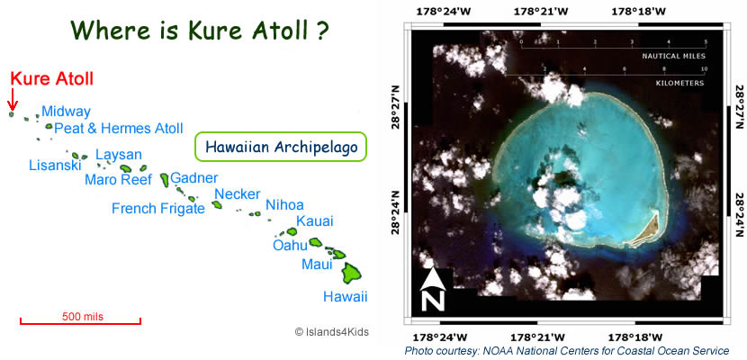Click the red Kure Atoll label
click(x=52, y=78)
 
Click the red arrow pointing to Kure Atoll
click(x=13, y=99)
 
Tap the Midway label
click(x=67, y=112)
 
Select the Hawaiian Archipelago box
click(x=281, y=147)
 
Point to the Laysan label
click(x=119, y=155)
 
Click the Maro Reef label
click(x=118, y=179)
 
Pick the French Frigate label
click(x=158, y=208)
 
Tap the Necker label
click(x=238, y=193)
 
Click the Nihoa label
click(x=284, y=205)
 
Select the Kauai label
click(x=315, y=221)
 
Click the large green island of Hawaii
click(x=352, y=272)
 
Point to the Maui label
click(x=317, y=264)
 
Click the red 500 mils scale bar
click(x=80, y=321)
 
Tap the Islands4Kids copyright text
click(x=331, y=331)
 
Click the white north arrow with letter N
click(x=433, y=290)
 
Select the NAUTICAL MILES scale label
click(x=673, y=56)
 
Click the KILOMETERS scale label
click(x=681, y=83)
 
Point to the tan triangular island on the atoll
click(x=647, y=229)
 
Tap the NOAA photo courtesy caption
click(x=567, y=350)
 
